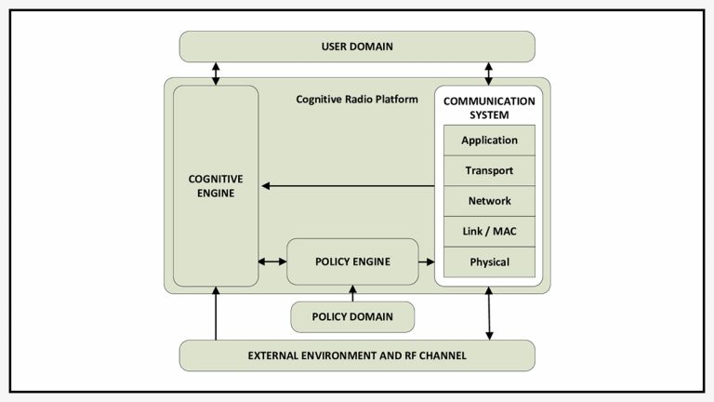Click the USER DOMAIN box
[357, 47]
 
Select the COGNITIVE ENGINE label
[216, 185]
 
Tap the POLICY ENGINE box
[352, 261]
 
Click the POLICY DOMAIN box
[352, 316]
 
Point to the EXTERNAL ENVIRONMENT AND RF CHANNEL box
[357, 355]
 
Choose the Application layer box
[489, 141]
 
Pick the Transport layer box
[489, 171]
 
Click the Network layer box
[489, 201]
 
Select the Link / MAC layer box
[489, 232]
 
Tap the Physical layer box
[489, 261]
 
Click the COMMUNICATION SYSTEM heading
[489, 107]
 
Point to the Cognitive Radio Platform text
[357, 99]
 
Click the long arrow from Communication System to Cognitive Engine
[348, 186]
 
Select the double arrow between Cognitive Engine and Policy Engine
[272, 261]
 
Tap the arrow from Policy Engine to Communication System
[427, 261]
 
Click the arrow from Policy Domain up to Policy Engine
[352, 293]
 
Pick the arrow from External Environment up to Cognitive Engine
[216, 314]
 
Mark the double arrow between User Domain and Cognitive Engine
[216, 74]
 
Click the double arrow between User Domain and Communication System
[489, 74]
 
